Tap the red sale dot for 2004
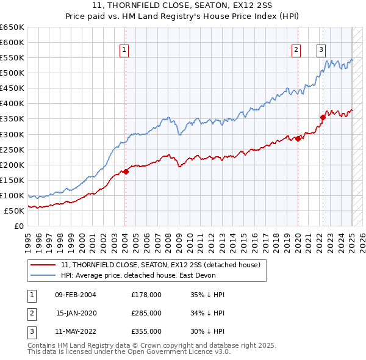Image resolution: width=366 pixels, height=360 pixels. [x=126, y=171]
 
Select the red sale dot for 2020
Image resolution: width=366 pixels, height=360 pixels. [x=298, y=139]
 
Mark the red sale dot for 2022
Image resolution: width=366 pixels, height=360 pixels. [x=323, y=117]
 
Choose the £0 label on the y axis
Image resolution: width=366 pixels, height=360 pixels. [x=20, y=226]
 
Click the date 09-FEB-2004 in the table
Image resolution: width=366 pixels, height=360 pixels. [x=76, y=294]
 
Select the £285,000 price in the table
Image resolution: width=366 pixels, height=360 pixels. [x=146, y=313]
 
